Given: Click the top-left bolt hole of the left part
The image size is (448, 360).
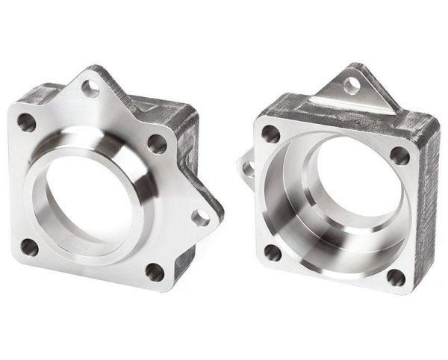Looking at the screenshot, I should [26, 121].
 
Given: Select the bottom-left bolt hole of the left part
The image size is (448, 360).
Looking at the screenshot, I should [29, 246].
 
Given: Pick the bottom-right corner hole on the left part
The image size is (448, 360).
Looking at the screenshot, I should [154, 272].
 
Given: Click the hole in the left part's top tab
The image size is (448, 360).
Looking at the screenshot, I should [90, 88].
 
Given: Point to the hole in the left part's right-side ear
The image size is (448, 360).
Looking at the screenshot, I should [201, 217].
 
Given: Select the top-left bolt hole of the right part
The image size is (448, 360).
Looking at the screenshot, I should [270, 135].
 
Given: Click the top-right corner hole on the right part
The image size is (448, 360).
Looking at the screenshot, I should [400, 155].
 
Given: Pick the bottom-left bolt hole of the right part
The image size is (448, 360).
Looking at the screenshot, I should [273, 252].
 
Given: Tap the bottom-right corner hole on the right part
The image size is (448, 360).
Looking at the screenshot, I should [395, 278].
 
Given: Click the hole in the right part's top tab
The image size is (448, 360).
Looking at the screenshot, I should [351, 85].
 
